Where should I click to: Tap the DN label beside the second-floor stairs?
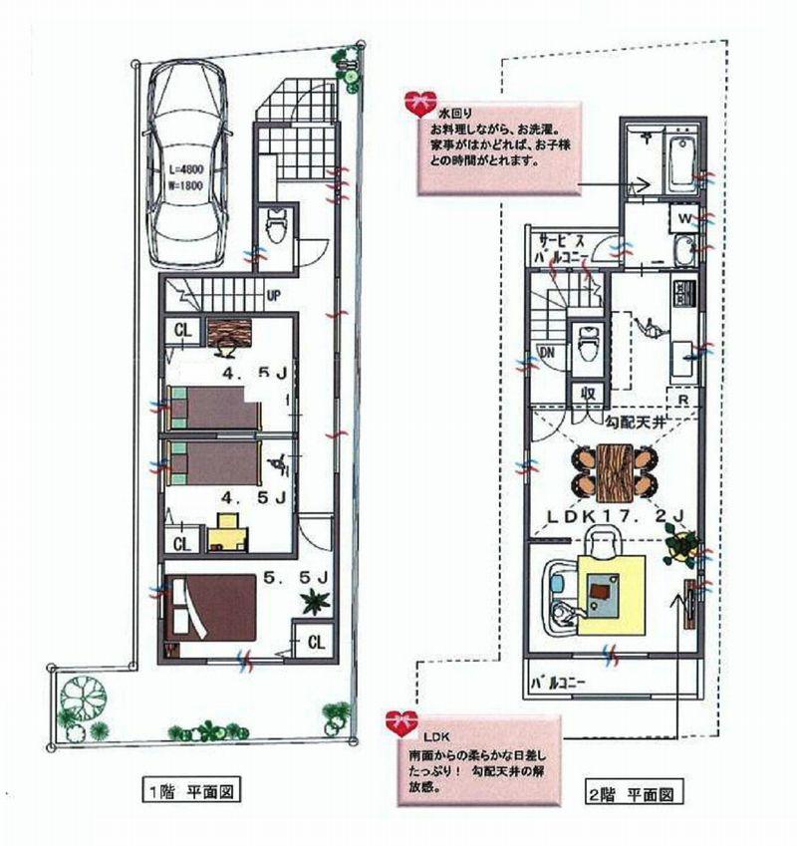[547, 352]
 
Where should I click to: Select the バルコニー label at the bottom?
[558, 684]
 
